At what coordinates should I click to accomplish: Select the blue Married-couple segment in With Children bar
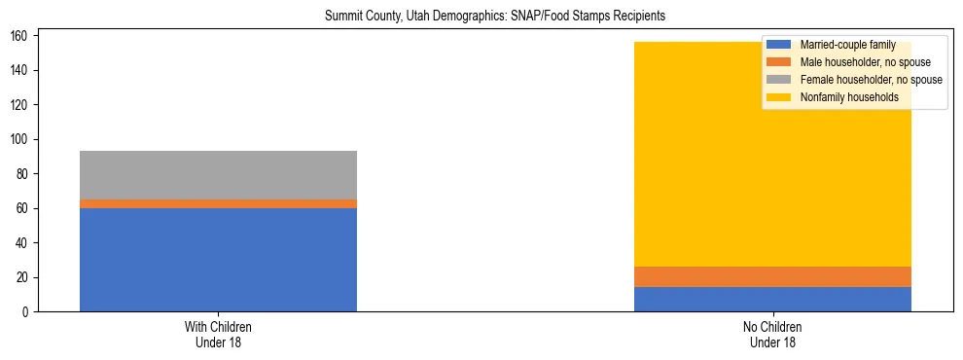(218, 260)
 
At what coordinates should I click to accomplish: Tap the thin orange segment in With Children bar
(218, 203)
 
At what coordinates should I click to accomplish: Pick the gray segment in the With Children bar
(218, 175)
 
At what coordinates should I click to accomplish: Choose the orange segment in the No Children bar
(772, 276)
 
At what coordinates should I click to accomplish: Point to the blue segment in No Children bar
(772, 299)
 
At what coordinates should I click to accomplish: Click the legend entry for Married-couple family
(845, 45)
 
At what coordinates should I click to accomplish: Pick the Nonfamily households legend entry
(848, 97)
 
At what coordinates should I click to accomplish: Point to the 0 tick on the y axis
(26, 312)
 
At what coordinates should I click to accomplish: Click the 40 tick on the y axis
(23, 243)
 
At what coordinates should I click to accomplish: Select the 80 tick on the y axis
(23, 174)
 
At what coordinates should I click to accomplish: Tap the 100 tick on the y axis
(20, 139)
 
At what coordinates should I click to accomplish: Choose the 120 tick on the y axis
(20, 105)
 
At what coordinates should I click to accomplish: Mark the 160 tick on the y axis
(20, 36)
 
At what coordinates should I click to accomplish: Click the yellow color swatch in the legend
(779, 97)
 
